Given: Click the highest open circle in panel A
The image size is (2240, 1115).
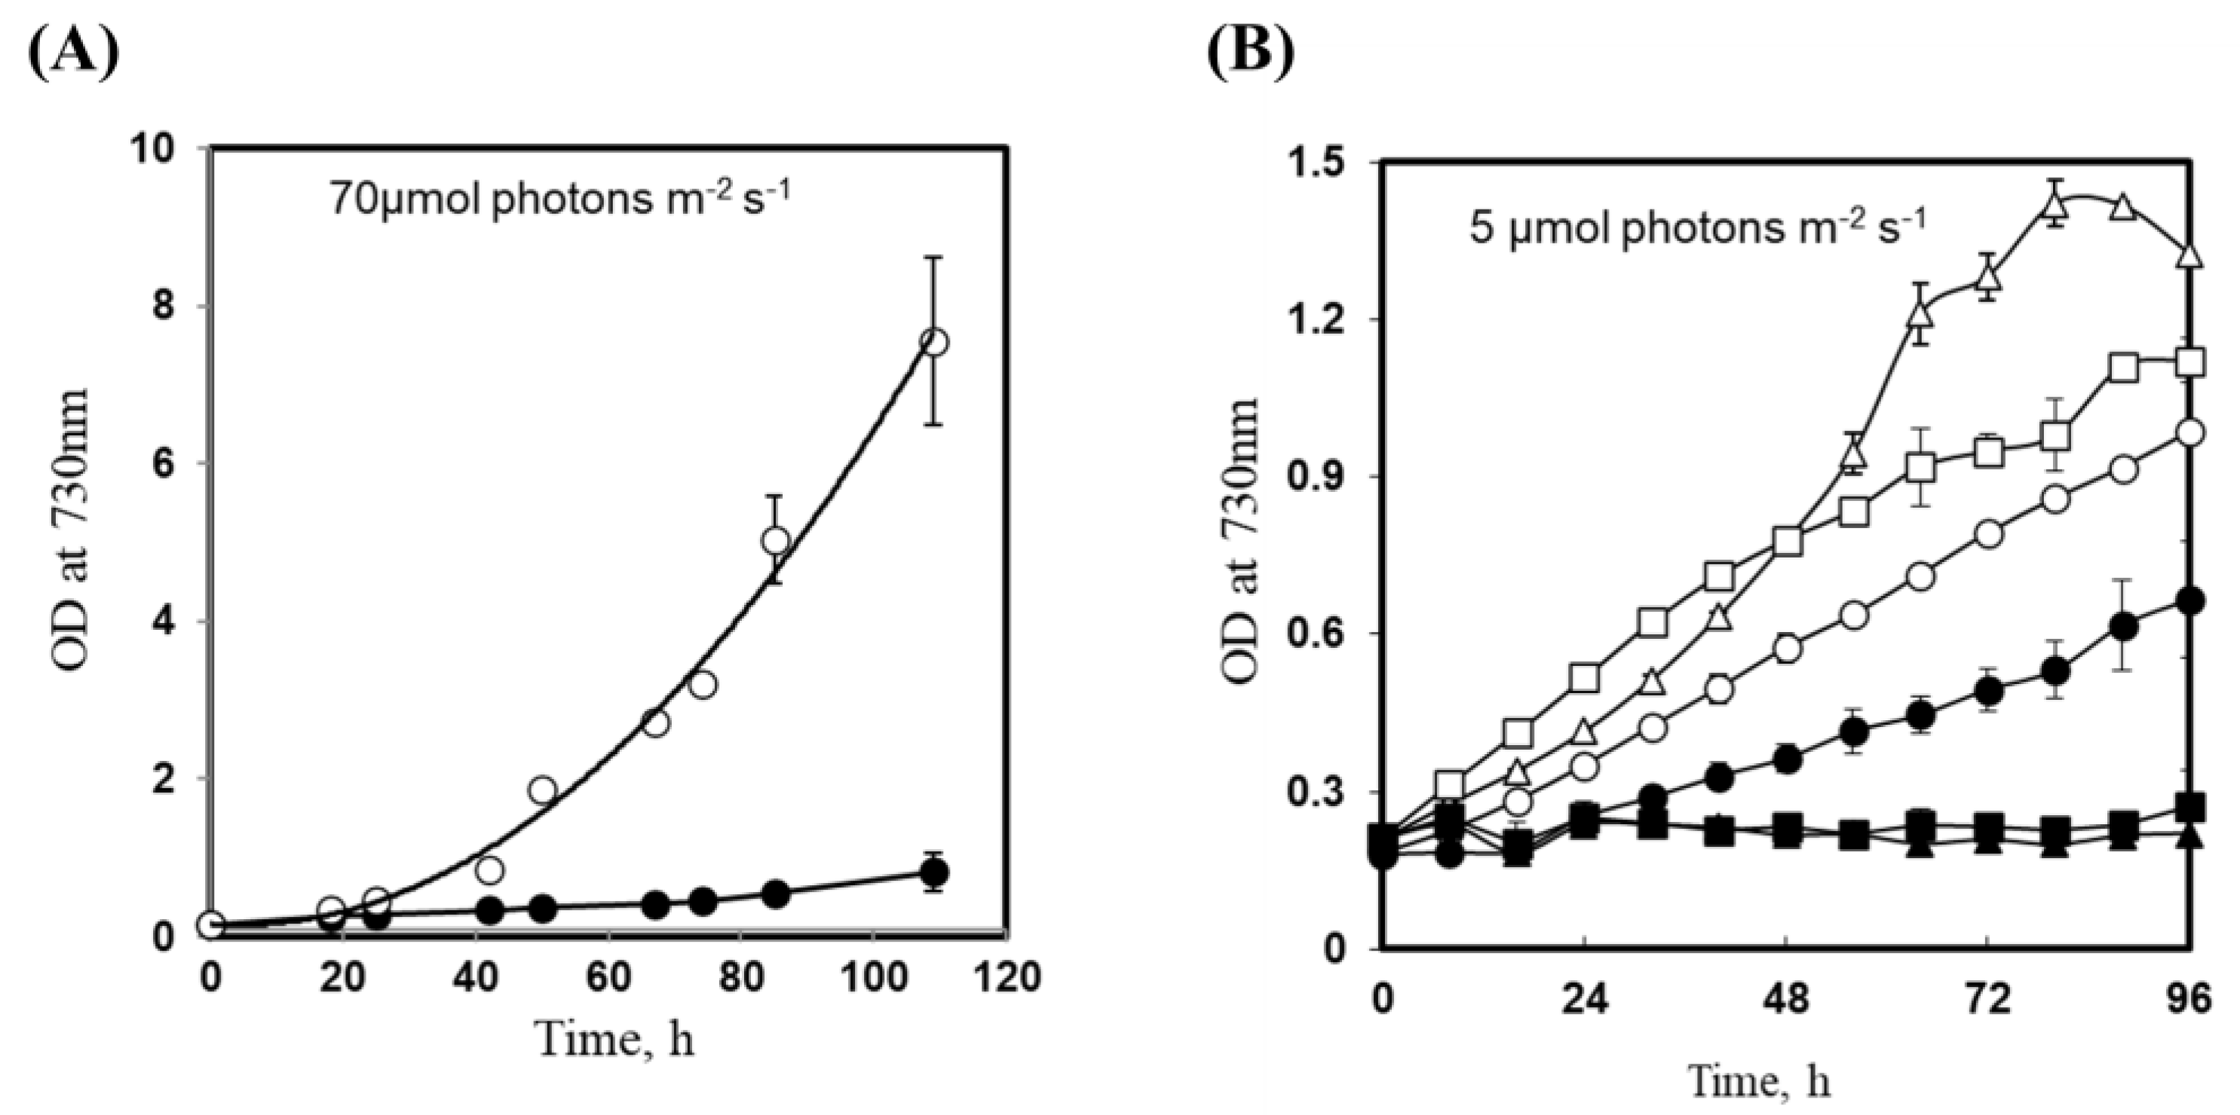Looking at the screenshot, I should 934,342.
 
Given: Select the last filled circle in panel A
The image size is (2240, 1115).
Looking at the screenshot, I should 934,872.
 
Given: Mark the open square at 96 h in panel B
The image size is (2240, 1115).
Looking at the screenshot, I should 2193,362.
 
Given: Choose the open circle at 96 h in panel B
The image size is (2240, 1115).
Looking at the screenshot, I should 2193,432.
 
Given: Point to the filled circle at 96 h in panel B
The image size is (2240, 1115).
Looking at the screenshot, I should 2193,600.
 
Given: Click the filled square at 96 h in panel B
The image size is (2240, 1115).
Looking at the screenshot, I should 2193,805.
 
